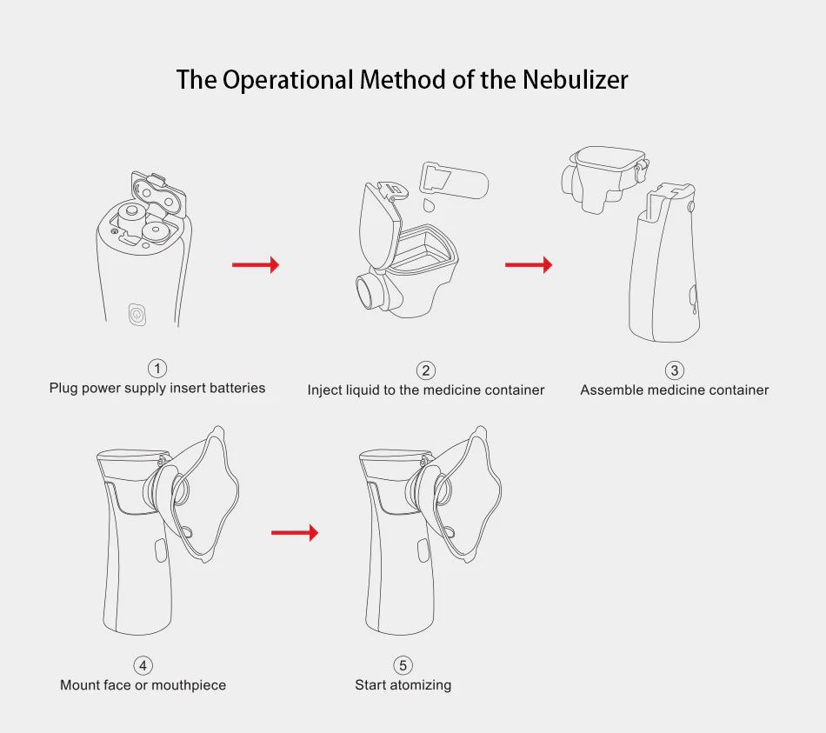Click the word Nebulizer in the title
(x=575, y=80)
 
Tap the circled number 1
(x=157, y=368)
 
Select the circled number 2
(x=426, y=370)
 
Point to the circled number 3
(x=675, y=370)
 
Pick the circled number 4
(x=143, y=665)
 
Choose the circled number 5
(x=403, y=665)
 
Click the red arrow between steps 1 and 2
(x=256, y=264)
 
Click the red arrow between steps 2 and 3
(x=529, y=264)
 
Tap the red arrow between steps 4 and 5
(x=295, y=532)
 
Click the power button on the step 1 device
(x=137, y=314)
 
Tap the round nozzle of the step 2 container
(x=371, y=290)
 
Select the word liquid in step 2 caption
(x=363, y=390)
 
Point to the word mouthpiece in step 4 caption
(x=188, y=685)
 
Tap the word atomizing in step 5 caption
(x=421, y=685)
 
